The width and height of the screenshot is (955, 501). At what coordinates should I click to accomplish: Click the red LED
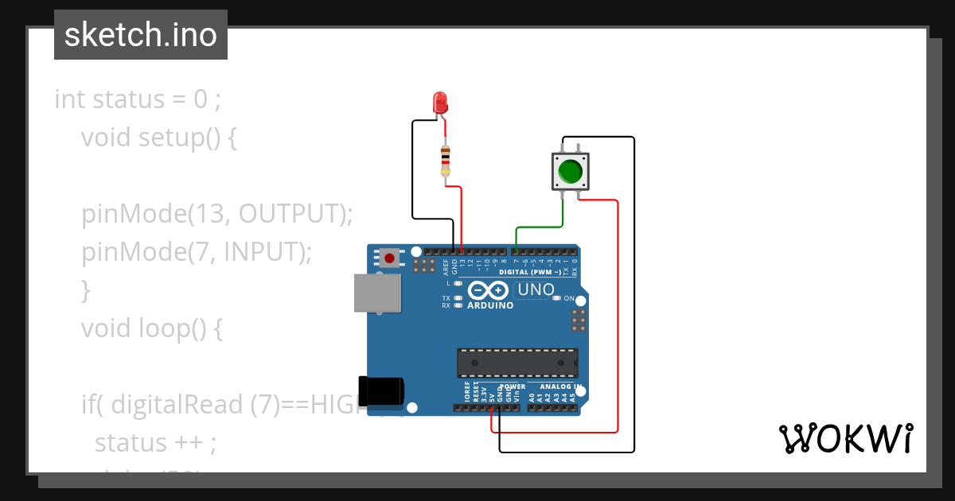[x=439, y=103]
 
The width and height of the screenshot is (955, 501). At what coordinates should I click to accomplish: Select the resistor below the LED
[x=445, y=161]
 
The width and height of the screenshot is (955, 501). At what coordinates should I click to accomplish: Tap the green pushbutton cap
[x=570, y=171]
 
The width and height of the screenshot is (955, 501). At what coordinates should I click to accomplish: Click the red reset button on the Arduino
[x=389, y=258]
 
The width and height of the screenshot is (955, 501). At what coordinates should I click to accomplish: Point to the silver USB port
[x=377, y=293]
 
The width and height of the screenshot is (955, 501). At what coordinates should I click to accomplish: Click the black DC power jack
[x=381, y=391]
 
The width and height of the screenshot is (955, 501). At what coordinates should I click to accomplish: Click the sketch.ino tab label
[x=141, y=35]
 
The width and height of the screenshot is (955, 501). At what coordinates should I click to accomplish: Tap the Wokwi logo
[x=845, y=438]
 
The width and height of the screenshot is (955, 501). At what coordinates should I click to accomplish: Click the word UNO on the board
[x=536, y=289]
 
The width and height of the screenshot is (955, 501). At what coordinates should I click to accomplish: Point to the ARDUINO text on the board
[x=490, y=305]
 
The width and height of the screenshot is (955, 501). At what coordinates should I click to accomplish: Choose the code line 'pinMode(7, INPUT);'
[x=197, y=252]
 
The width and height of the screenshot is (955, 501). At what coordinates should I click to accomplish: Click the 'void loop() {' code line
[x=151, y=328]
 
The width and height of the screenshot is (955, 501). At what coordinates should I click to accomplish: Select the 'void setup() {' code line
[x=158, y=138]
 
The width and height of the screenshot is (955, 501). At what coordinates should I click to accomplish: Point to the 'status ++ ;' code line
[x=155, y=442]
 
